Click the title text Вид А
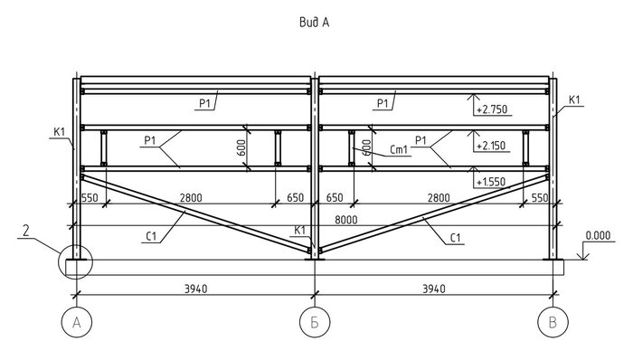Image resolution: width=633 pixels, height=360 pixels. point(315,22)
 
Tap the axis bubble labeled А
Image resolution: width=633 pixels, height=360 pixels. point(77,323)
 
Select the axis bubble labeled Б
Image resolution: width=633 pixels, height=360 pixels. point(315,323)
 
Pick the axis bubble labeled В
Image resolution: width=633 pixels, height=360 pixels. point(553,323)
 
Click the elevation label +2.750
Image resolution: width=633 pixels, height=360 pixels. point(492,109)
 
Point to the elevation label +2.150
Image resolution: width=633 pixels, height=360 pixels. point(491,146)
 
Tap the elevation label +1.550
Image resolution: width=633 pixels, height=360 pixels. point(491,182)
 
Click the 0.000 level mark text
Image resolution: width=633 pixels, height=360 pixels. point(598,235)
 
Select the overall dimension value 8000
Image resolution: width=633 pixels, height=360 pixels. point(346,220)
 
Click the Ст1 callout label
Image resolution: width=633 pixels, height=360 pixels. point(399,150)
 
